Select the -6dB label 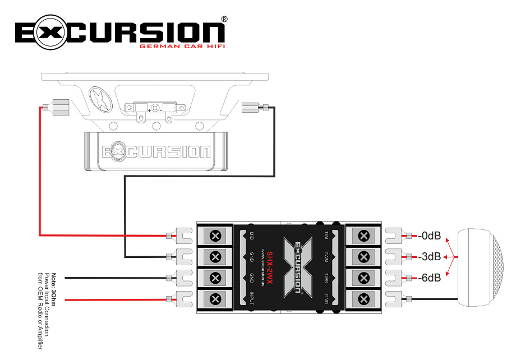click(x=429, y=277)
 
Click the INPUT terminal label click(x=252, y=298)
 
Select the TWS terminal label click(x=326, y=278)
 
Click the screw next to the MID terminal click(x=214, y=236)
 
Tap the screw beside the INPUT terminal click(x=214, y=298)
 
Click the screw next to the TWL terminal click(x=363, y=236)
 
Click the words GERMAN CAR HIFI click(x=182, y=47)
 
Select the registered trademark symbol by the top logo click(x=224, y=19)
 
